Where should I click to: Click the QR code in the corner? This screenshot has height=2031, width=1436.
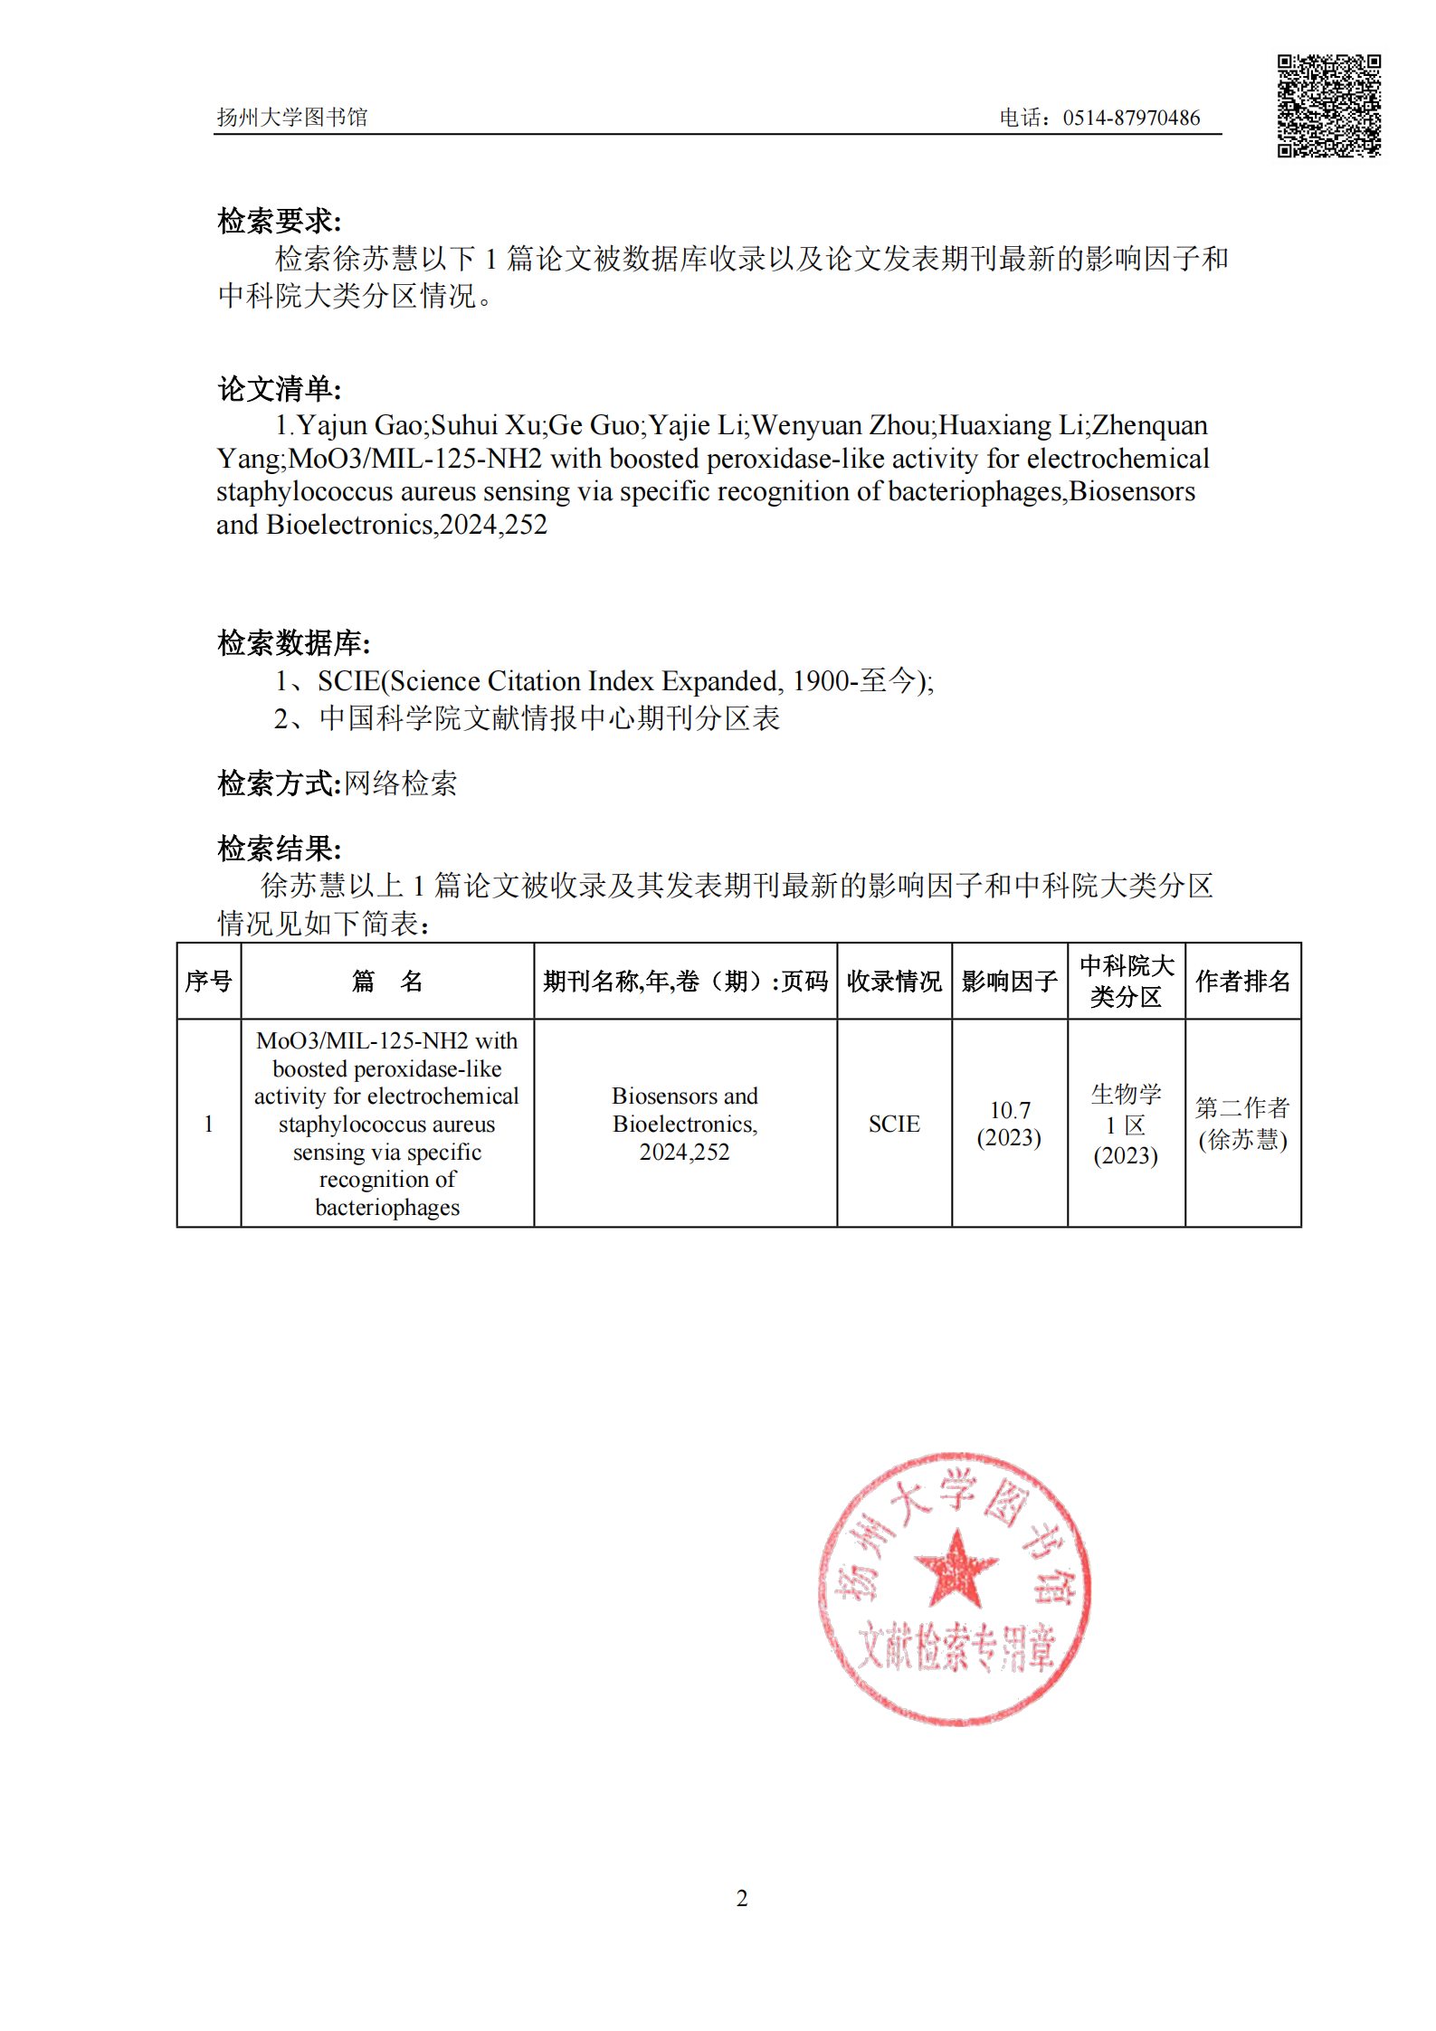pyautogui.click(x=1328, y=106)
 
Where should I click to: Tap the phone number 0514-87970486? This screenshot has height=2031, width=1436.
pyautogui.click(x=1131, y=118)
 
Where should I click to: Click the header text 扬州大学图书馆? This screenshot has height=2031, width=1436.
pyautogui.click(x=291, y=118)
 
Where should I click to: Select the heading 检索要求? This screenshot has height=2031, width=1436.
pyautogui.click(x=280, y=221)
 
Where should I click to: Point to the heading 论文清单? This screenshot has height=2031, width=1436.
pyautogui.click(x=280, y=389)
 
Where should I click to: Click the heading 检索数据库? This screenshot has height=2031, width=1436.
pyautogui.click(x=294, y=643)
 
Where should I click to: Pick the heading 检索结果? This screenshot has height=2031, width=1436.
pyautogui.click(x=280, y=849)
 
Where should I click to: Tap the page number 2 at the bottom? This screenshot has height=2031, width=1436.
pyautogui.click(x=742, y=1898)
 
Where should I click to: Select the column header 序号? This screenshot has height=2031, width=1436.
pyautogui.click(x=209, y=982)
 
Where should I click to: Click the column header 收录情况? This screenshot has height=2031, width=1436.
pyautogui.click(x=894, y=982)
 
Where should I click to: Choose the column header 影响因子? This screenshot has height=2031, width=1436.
pyautogui.click(x=1010, y=982)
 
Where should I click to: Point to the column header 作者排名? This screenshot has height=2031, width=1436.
pyautogui.click(x=1242, y=982)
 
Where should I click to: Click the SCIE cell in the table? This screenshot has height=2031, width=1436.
pyautogui.click(x=894, y=1124)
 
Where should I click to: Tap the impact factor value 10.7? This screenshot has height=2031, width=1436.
pyautogui.click(x=1010, y=1110)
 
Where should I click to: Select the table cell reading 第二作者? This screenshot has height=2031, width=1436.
pyautogui.click(x=1242, y=1107)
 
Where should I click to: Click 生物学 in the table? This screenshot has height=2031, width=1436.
pyautogui.click(x=1126, y=1094)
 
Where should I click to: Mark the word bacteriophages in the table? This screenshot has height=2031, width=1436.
pyautogui.click(x=387, y=1208)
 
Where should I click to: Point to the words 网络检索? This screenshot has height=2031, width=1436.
pyautogui.click(x=401, y=783)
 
